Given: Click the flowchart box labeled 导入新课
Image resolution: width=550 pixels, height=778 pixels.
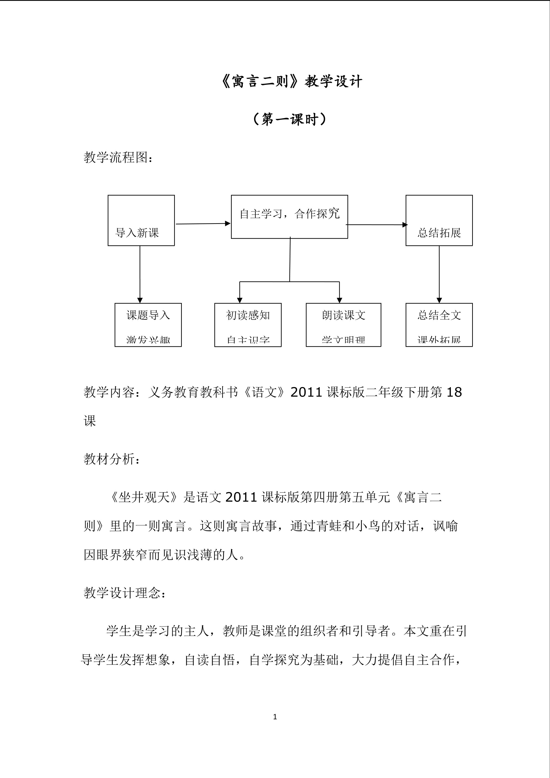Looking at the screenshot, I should pos(141,220).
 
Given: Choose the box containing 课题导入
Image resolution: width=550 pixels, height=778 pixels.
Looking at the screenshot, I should pos(148,325).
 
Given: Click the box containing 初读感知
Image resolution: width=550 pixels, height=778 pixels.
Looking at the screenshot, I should pos(248,325).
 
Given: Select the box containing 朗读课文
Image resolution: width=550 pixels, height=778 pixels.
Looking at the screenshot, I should pos(343,325).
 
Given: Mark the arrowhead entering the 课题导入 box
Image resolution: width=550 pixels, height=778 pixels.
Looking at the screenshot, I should pos(140,300).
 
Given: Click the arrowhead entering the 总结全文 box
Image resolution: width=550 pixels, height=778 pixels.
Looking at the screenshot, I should pos(439,300).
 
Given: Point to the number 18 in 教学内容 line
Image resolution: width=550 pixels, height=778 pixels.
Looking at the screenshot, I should pos(454,392).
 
